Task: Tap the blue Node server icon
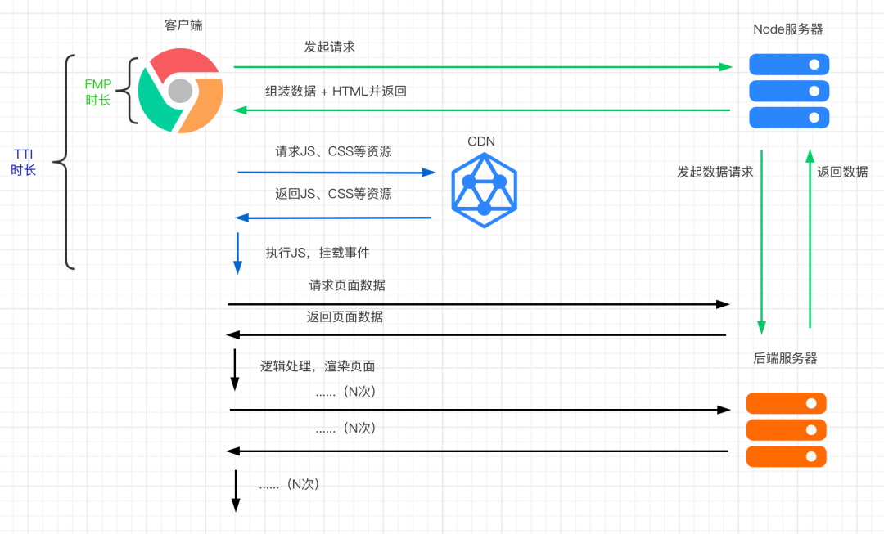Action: coord(789,91)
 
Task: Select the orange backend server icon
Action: coord(787,429)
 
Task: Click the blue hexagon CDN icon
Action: coord(484,191)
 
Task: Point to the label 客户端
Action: coord(183,25)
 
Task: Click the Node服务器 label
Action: coord(787,29)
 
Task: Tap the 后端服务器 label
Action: coord(785,358)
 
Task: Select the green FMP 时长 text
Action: coord(98,92)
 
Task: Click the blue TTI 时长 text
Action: coord(24,162)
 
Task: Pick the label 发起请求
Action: coord(329,47)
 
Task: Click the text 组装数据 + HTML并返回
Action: coord(336,92)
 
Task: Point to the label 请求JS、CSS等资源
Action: coord(333,151)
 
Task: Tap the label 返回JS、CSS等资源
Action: coord(333,194)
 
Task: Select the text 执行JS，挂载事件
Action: coord(318,253)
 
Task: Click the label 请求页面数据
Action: coord(347,285)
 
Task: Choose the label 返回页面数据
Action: coord(345,316)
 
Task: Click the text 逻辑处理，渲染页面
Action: coord(318,366)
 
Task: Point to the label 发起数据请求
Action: coord(715,173)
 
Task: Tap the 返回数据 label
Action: coord(842,173)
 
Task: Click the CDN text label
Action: coord(481,141)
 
